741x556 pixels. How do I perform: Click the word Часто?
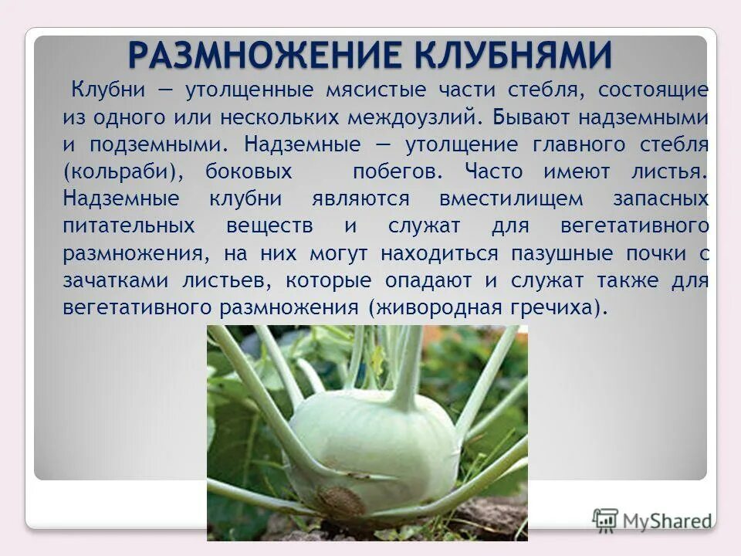pyautogui.click(x=494, y=171)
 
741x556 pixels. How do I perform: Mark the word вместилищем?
pyautogui.click(x=511, y=198)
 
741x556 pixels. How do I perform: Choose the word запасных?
pyautogui.click(x=661, y=198)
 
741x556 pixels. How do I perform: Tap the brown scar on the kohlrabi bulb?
pyautogui.click(x=340, y=500)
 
